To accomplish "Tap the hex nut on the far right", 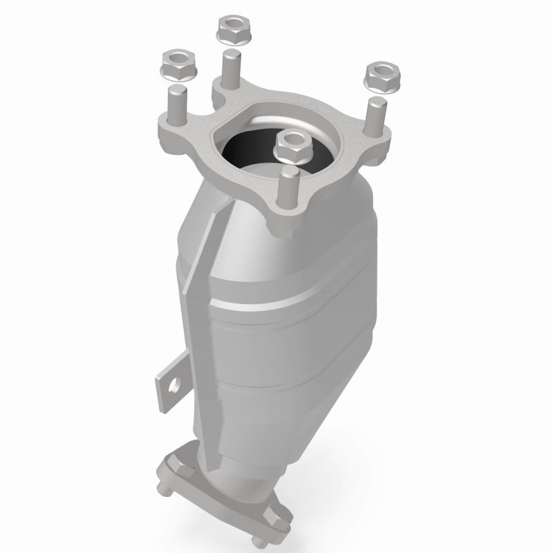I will pos(379,75).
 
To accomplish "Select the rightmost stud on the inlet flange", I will pos(377,118).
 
